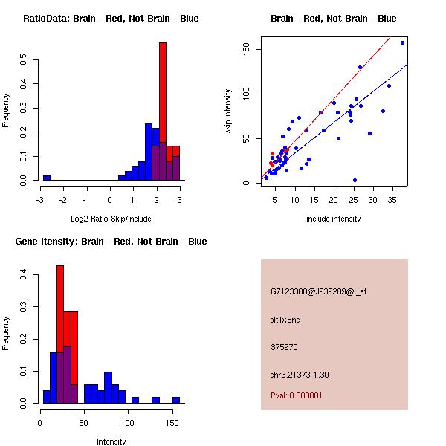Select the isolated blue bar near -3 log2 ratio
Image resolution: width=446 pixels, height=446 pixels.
pyautogui.click(x=47, y=178)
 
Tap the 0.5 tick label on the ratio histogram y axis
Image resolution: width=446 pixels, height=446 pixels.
pyautogui.click(x=25, y=59)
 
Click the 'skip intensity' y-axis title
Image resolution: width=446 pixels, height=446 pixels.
pyautogui.click(x=228, y=111)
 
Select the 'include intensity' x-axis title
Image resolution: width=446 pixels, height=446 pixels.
pyautogui.click(x=334, y=219)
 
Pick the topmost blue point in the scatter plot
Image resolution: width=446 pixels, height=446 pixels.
pyautogui.click(x=402, y=42)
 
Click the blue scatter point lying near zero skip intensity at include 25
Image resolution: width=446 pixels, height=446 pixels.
pyautogui.click(x=355, y=180)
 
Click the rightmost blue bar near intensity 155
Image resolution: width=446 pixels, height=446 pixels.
pyautogui.click(x=176, y=399)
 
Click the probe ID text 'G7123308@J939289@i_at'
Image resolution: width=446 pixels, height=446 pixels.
pyautogui.click(x=318, y=291)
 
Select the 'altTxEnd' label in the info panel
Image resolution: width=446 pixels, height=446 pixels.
pyautogui.click(x=285, y=320)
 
